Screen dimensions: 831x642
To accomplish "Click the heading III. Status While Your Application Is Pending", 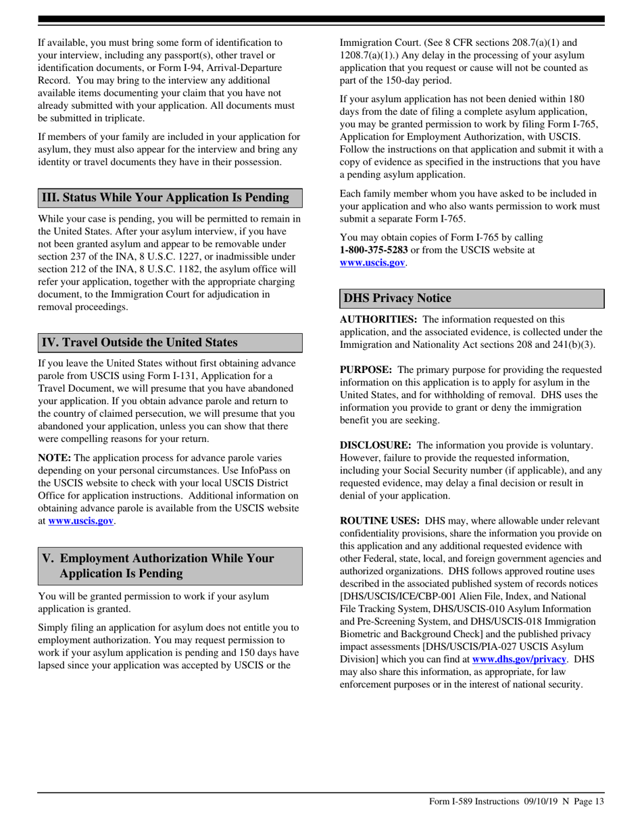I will pyautogui.click(x=166, y=197).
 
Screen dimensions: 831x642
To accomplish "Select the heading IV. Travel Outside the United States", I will pyautogui.click(x=140, y=343).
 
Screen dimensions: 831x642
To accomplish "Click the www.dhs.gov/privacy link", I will pyautogui.click(x=518, y=658).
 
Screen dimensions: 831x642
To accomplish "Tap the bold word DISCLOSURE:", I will pyautogui.click(x=375, y=445).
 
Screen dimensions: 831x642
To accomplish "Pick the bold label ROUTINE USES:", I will pyautogui.click(x=379, y=521).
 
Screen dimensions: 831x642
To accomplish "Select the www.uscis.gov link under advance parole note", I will pyautogui.click(x=80, y=522).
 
